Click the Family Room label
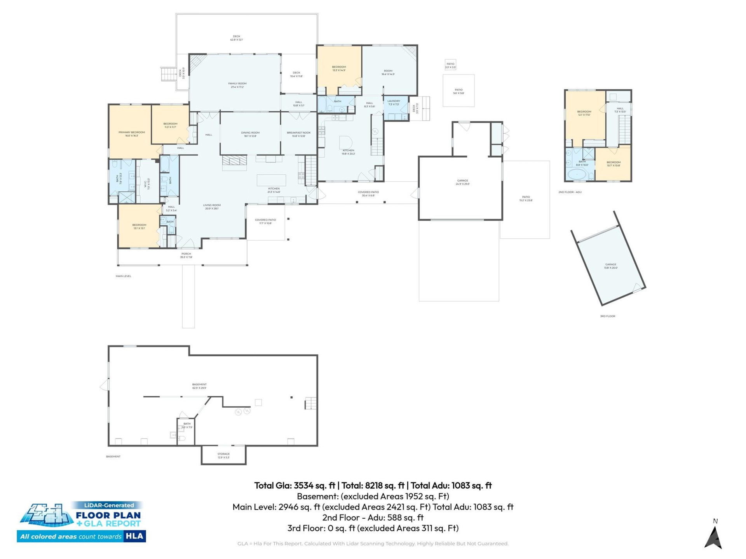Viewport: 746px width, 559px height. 237,85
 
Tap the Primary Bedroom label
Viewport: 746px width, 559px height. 131,134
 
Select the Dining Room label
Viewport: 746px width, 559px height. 250,134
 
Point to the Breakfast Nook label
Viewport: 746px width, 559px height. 298,134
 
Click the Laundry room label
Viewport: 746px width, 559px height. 393,102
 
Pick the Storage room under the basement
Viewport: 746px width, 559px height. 223,455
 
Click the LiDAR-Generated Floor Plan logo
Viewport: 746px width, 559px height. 82,521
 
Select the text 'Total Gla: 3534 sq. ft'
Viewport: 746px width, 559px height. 295,485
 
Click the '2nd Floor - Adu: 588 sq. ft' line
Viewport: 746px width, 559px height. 373,517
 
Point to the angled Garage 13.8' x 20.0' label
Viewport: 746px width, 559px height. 610,266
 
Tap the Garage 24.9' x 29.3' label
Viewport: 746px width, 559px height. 462,182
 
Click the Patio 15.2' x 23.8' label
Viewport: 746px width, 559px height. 526,198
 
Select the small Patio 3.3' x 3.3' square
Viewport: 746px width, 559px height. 450,65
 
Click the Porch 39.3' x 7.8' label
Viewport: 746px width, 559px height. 186,255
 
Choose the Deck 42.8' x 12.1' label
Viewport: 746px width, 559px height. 236,38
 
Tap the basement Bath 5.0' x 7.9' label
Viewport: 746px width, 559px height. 187,425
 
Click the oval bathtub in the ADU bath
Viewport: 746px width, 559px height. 577,174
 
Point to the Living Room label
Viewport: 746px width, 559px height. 212,207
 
